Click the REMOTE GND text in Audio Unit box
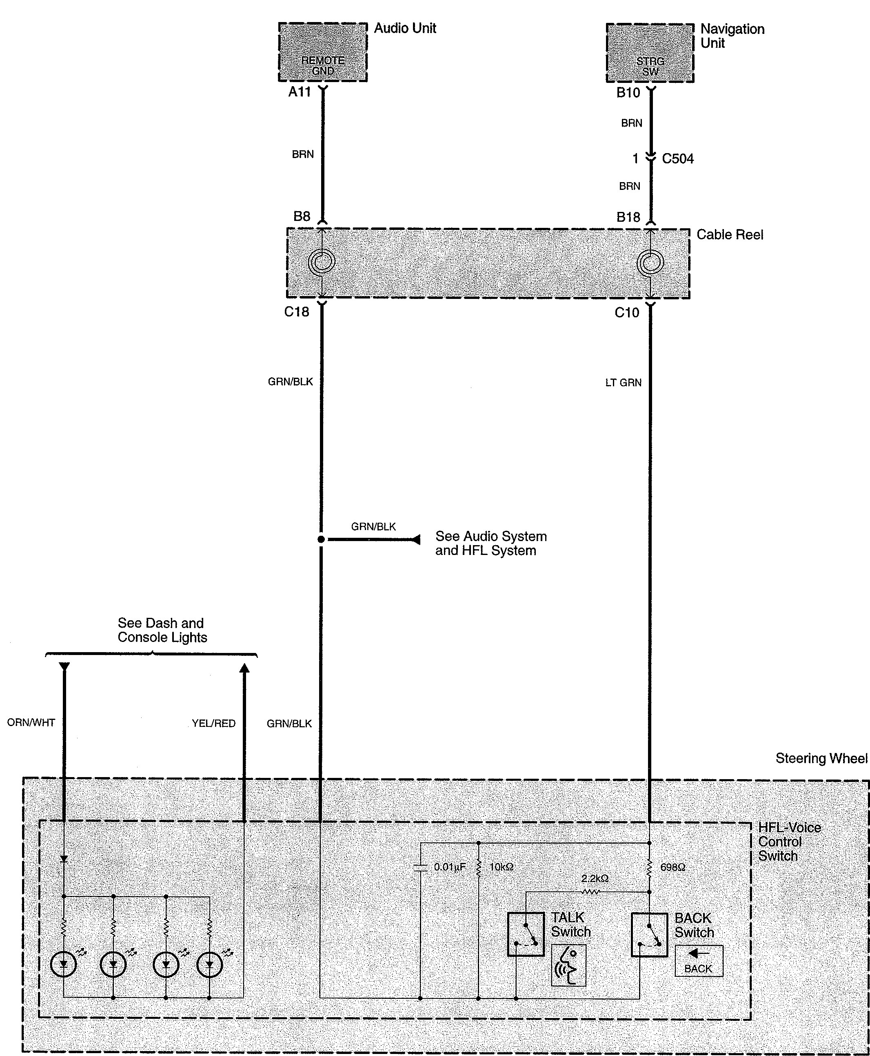(x=323, y=66)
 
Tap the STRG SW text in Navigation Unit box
(x=650, y=66)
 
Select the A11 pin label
(x=299, y=92)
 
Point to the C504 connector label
(x=677, y=159)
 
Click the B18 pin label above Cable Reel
(x=628, y=217)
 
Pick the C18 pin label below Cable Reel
(x=297, y=312)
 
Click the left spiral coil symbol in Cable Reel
(x=321, y=262)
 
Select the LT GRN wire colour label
(x=623, y=383)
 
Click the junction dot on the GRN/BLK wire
(x=321, y=539)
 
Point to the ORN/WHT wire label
(x=31, y=722)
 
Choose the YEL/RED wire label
(x=213, y=724)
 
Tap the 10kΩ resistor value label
(x=501, y=867)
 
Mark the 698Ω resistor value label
(x=672, y=867)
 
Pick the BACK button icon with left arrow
(x=699, y=961)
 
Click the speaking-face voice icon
(x=568, y=965)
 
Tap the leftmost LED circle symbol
(x=64, y=963)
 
